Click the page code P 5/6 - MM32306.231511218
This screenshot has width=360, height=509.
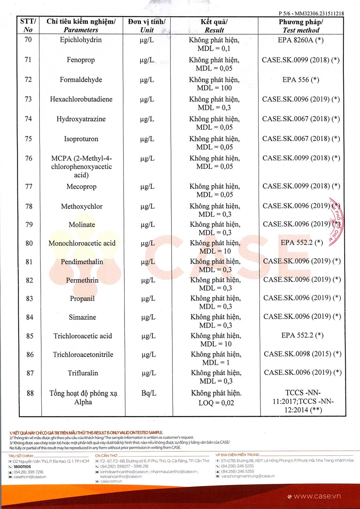[x=311, y=14]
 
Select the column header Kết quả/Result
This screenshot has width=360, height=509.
[x=214, y=26]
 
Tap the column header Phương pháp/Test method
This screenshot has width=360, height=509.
[x=301, y=26]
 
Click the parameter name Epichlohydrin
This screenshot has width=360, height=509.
[x=81, y=40]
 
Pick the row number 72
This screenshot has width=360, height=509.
[x=28, y=80]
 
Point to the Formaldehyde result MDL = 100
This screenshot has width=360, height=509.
[x=214, y=88]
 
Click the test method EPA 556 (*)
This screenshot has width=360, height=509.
[x=301, y=80]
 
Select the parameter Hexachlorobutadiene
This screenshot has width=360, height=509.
[x=81, y=99]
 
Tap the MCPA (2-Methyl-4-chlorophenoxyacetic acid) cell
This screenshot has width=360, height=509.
[x=81, y=167]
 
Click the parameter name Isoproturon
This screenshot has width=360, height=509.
[x=81, y=139]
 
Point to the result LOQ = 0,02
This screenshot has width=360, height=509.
[x=216, y=403]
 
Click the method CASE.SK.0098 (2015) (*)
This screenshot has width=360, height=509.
[x=302, y=354]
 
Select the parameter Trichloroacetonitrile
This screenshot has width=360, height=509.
[x=83, y=355]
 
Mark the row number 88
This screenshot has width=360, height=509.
[x=30, y=393]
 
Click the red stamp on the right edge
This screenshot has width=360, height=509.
[x=336, y=222]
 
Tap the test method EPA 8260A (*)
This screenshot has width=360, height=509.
[x=301, y=40]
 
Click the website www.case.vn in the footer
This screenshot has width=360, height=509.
[x=317, y=496]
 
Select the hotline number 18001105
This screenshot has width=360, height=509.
[x=22, y=467]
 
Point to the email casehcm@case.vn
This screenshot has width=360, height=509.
[x=30, y=477]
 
